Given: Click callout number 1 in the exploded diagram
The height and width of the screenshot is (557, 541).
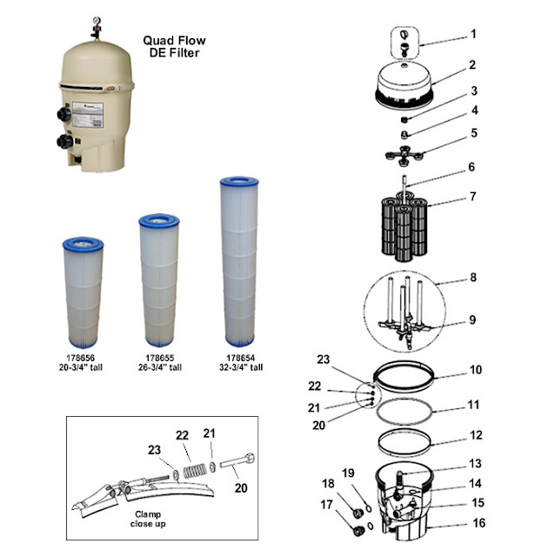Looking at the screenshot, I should [x=473, y=34].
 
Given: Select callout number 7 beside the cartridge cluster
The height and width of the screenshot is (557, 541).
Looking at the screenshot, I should [x=473, y=197].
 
